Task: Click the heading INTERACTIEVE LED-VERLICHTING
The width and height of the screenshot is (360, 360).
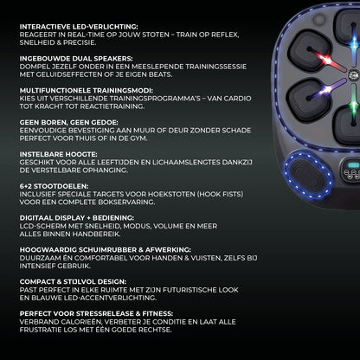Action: [x=79, y=27]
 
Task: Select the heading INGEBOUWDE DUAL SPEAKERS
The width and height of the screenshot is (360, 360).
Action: [x=76, y=59]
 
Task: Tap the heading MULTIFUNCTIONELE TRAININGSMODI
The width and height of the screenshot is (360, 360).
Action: [x=87, y=91]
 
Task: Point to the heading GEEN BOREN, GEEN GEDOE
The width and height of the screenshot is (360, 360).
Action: [x=69, y=122]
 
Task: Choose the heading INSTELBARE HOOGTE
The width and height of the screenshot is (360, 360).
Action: [x=59, y=154]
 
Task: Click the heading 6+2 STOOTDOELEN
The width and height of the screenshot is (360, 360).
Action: [x=54, y=186]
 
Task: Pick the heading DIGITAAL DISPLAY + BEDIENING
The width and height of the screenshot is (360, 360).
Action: [x=77, y=218]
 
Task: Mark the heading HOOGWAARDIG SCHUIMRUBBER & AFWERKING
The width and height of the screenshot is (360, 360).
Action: [x=106, y=250]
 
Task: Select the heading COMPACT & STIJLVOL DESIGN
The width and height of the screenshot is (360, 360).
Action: [x=73, y=282]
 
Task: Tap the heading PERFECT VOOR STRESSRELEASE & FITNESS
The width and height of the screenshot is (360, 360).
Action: [x=96, y=313]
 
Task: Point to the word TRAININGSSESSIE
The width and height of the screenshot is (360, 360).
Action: [x=216, y=67]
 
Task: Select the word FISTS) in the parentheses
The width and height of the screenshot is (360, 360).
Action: [x=233, y=194]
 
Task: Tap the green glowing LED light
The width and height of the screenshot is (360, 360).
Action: [x=354, y=105]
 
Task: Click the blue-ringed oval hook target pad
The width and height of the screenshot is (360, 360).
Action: [x=309, y=175]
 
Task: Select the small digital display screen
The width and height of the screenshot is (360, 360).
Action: [x=353, y=165]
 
